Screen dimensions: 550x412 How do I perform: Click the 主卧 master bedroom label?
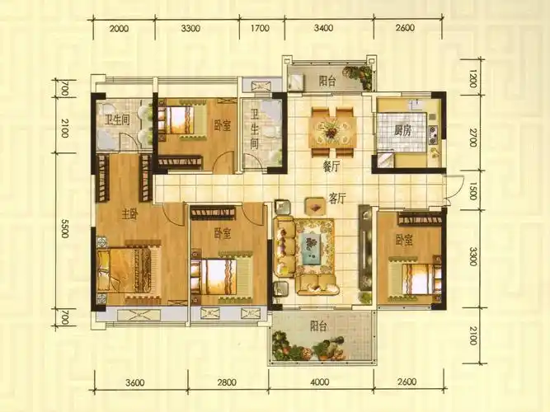click(x=129, y=214)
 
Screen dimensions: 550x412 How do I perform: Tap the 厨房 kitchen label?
click(x=402, y=131)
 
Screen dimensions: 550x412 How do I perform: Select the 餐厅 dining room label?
click(x=331, y=167)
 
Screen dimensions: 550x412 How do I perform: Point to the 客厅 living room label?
click(x=337, y=199)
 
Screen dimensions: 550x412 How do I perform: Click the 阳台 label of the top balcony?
click(x=327, y=82)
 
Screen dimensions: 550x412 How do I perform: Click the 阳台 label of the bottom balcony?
click(x=318, y=326)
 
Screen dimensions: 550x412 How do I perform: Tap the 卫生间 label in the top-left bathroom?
click(x=118, y=120)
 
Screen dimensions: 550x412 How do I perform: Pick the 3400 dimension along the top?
click(x=323, y=28)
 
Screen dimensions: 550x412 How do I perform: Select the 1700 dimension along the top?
click(x=260, y=28)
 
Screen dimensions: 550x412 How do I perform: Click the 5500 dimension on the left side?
click(x=64, y=228)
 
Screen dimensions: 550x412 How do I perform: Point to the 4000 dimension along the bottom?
click(x=320, y=382)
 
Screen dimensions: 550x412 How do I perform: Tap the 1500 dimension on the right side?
click(x=472, y=191)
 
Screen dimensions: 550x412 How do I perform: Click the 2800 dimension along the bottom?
click(x=227, y=382)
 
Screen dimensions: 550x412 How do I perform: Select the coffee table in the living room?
click(x=310, y=247)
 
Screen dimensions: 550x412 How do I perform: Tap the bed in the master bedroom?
click(x=125, y=270)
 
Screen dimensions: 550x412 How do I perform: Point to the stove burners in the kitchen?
click(x=433, y=135)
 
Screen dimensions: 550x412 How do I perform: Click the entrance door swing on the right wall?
click(x=450, y=190)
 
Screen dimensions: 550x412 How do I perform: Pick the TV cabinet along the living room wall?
click(x=364, y=247)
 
